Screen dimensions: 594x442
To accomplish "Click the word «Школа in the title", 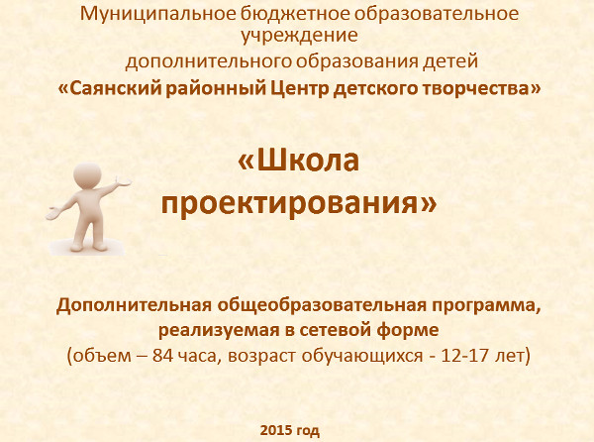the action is point(298,161).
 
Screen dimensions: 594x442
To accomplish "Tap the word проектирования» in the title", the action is point(299,203).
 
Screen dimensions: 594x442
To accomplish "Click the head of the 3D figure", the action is point(87,175).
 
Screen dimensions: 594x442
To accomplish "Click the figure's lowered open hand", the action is point(53,214).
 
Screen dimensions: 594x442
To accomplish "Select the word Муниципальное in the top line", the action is point(158,14).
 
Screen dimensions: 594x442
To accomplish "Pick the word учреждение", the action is point(299,36).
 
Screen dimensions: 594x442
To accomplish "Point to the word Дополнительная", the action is point(134,305).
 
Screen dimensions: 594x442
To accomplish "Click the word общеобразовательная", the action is point(321,305).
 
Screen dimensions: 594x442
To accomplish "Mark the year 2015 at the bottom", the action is point(276,431).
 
